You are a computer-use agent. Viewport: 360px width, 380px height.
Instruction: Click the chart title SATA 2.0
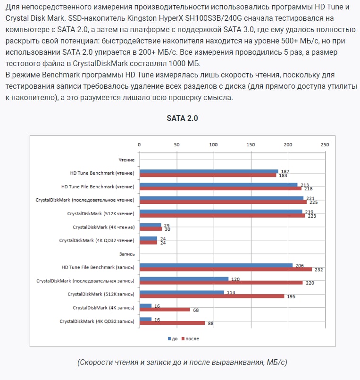coord(182,118)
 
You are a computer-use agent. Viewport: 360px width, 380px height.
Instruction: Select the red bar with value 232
coord(226,270)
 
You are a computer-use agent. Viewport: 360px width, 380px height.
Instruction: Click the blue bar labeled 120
coord(184,279)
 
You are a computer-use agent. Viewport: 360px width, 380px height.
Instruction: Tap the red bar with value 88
coord(172,323)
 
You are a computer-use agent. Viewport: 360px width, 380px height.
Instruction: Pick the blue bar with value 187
coord(209,171)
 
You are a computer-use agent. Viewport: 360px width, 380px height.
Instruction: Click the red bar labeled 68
coord(165,310)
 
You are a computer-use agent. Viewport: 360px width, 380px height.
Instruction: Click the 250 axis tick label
coord(324,144)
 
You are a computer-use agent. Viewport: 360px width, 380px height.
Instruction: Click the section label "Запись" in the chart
coord(127,254)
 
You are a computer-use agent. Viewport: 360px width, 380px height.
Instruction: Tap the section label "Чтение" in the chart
coord(126,160)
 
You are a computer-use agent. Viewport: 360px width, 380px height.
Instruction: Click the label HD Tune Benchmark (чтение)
coord(98,173)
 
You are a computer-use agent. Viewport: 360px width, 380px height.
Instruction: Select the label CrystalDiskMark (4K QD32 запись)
coord(97,321)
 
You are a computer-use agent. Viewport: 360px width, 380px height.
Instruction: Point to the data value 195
coord(291,296)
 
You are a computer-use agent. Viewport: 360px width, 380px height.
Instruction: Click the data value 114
coord(231,292)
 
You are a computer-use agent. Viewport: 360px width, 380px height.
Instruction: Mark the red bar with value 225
coord(223,202)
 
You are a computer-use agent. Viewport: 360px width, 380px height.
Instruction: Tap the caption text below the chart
coord(182,363)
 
